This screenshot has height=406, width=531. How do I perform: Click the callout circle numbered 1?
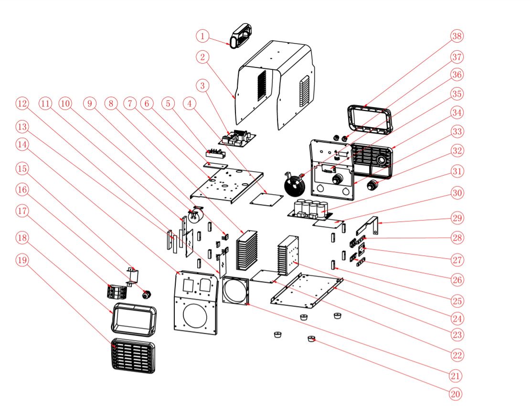pos(203,36)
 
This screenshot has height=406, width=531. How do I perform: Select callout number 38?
pos(457,36)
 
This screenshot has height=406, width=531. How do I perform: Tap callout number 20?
pos(456,394)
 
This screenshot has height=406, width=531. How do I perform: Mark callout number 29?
pos(457,218)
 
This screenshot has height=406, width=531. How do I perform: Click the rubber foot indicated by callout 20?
pos(312,339)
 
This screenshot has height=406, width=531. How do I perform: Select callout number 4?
pos(191,103)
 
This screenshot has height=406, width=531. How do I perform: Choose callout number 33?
pos(457,131)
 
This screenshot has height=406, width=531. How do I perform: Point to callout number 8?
pos(111,103)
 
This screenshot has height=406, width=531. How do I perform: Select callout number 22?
pos(457,355)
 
